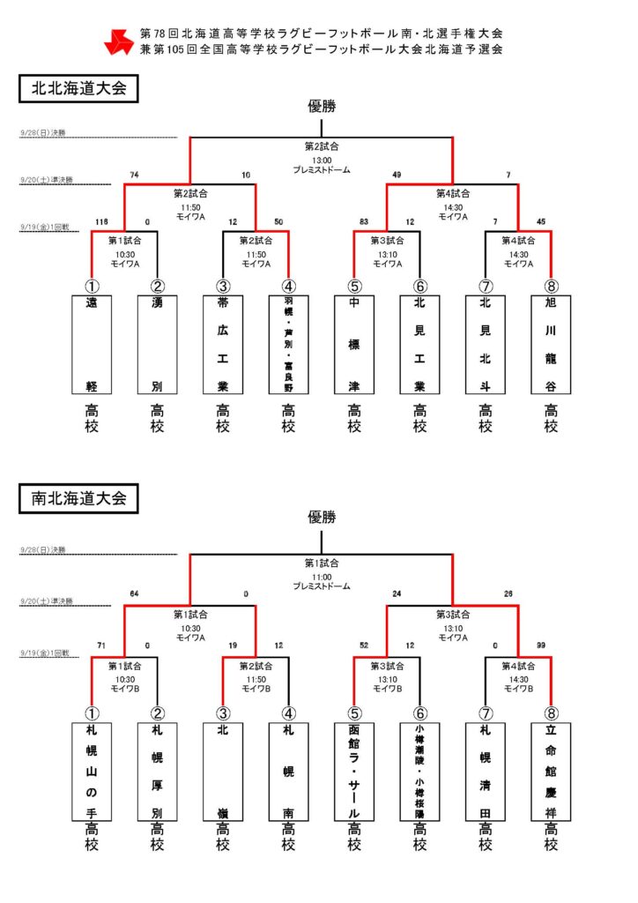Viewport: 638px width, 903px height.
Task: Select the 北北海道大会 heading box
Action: click(x=78, y=88)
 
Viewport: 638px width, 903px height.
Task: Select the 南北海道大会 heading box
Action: click(x=78, y=498)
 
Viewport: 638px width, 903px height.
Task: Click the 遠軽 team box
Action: click(x=92, y=344)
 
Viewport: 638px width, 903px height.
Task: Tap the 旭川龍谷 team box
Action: click(x=551, y=344)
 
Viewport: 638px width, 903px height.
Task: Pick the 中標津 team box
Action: click(x=354, y=344)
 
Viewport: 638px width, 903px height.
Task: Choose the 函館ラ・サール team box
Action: click(x=354, y=772)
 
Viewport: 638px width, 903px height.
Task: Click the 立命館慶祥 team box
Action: click(x=551, y=772)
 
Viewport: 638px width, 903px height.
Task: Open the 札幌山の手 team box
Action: click(x=92, y=772)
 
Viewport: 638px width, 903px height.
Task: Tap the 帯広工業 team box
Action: click(x=223, y=344)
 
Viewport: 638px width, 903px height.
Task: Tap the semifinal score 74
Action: click(x=134, y=175)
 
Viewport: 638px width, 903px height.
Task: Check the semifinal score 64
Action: click(x=134, y=593)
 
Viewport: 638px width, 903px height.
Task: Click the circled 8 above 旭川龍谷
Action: click(x=551, y=286)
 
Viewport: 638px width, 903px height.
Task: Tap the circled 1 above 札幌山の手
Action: click(x=92, y=713)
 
